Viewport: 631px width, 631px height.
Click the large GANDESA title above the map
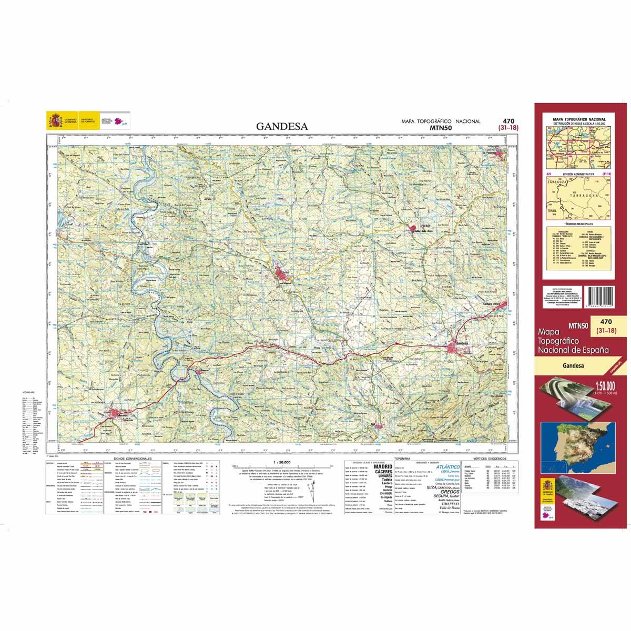click(282, 126)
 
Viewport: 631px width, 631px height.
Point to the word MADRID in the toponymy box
click(382, 466)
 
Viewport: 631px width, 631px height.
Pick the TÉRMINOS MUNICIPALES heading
click(576, 223)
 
